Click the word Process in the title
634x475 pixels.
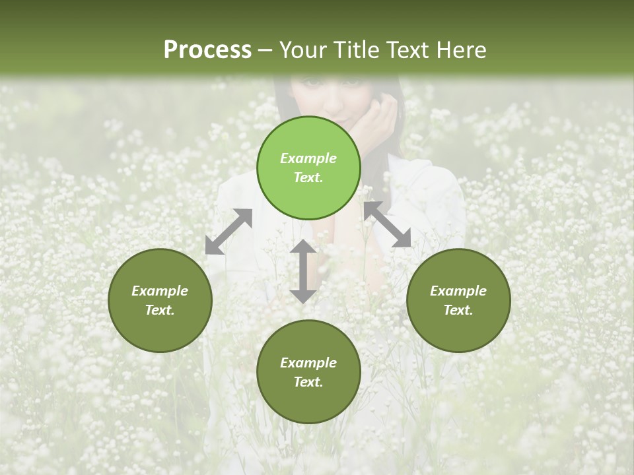[x=207, y=50]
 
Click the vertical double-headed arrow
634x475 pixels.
[x=303, y=271]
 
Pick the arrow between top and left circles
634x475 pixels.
[x=229, y=232]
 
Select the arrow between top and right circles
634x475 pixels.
[x=388, y=225]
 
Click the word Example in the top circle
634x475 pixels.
[x=308, y=158]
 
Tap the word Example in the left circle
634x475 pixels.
[x=160, y=291]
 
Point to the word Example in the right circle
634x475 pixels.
[x=458, y=291]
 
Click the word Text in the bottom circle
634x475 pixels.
[x=308, y=382]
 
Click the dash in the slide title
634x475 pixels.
[x=265, y=51]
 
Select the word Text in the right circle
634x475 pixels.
[x=458, y=310]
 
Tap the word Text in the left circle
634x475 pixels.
[x=160, y=310]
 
